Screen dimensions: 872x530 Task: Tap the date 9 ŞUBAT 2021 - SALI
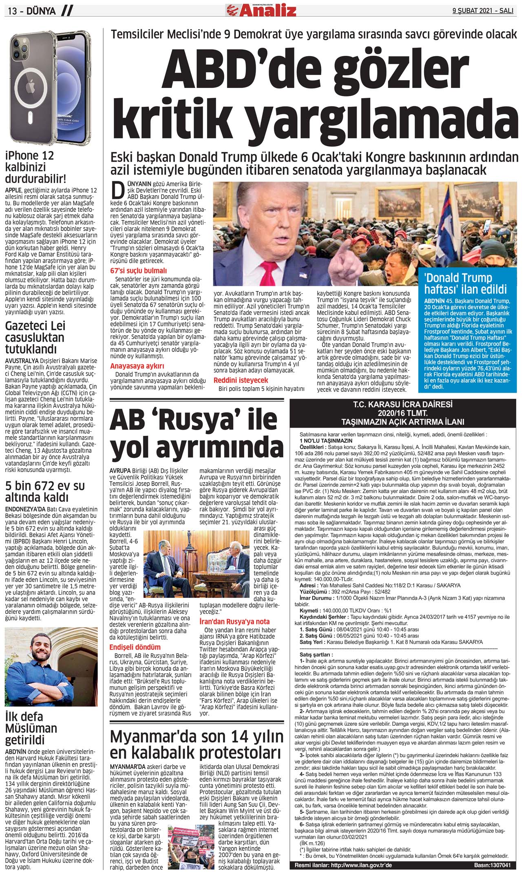point(483,11)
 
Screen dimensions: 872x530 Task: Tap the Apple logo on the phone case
point(31,86)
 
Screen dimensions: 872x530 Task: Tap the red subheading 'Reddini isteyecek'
point(241,380)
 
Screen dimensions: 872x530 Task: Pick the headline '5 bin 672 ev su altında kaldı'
point(45,492)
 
